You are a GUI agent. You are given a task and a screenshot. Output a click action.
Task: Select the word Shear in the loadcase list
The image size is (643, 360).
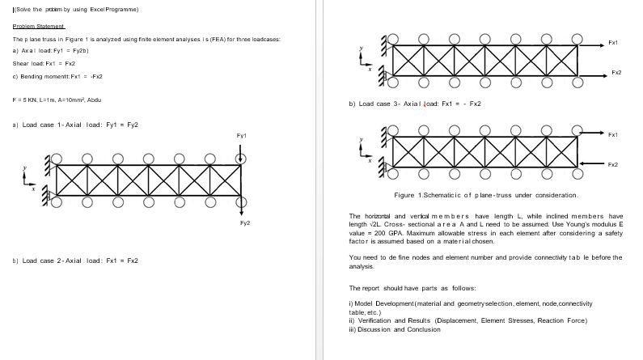(x=20, y=62)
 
